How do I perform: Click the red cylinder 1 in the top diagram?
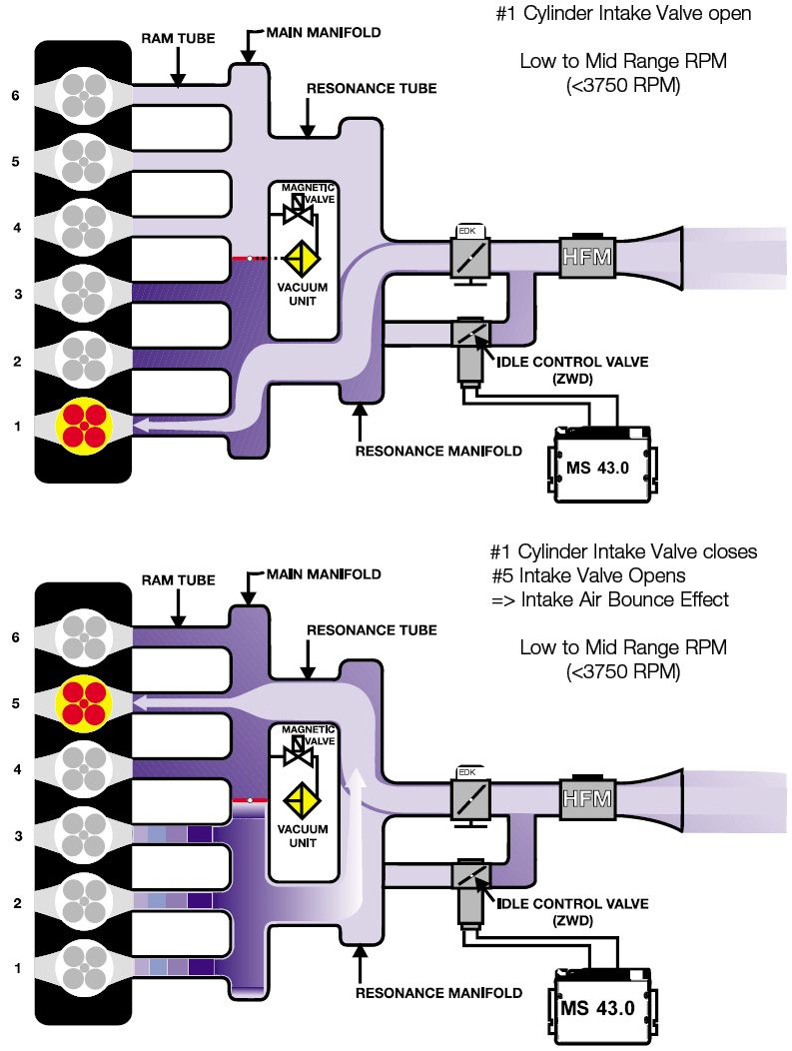84,425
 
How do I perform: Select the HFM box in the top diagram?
584,258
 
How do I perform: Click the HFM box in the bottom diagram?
584,797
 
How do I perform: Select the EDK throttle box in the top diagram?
468,257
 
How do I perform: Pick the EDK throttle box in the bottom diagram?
468,797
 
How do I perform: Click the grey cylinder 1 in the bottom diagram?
84,966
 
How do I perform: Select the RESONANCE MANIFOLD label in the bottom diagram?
438,993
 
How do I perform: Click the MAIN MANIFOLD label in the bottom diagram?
324,574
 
